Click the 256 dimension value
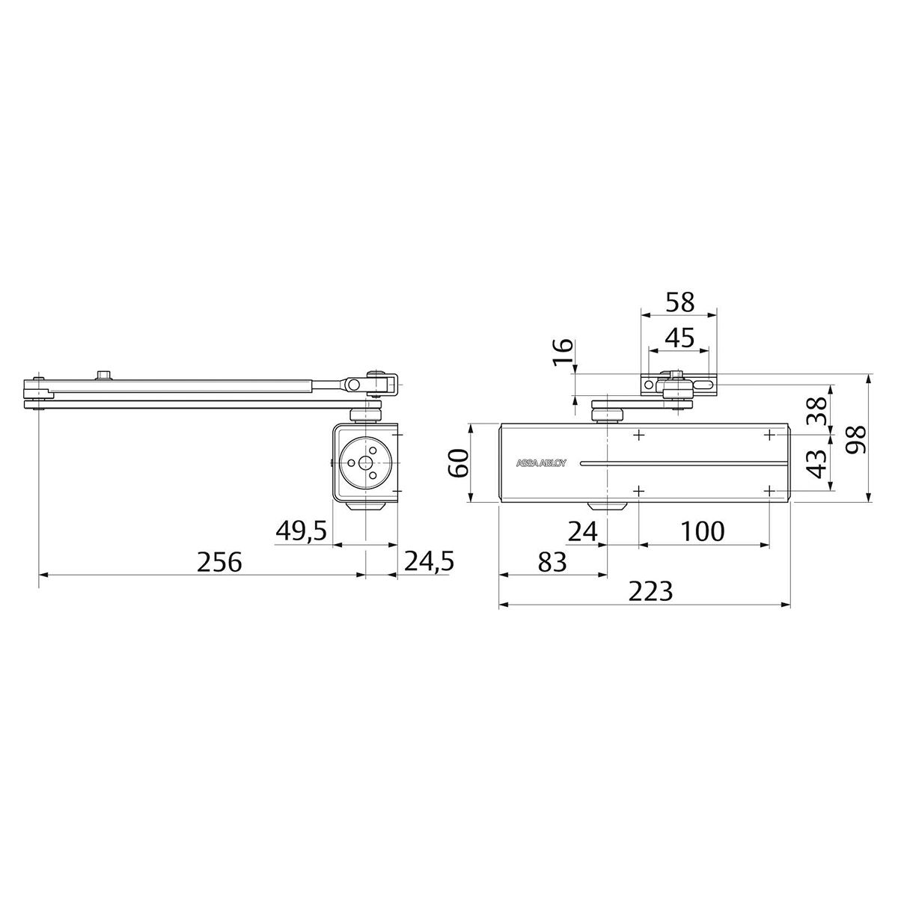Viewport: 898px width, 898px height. (x=220, y=562)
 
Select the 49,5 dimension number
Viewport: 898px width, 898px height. (x=302, y=531)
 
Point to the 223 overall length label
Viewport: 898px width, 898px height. (x=650, y=592)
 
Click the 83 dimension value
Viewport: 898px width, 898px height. (x=552, y=562)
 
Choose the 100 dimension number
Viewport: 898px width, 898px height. (x=703, y=532)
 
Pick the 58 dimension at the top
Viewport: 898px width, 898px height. (x=680, y=302)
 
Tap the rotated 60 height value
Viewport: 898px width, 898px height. (x=458, y=462)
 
